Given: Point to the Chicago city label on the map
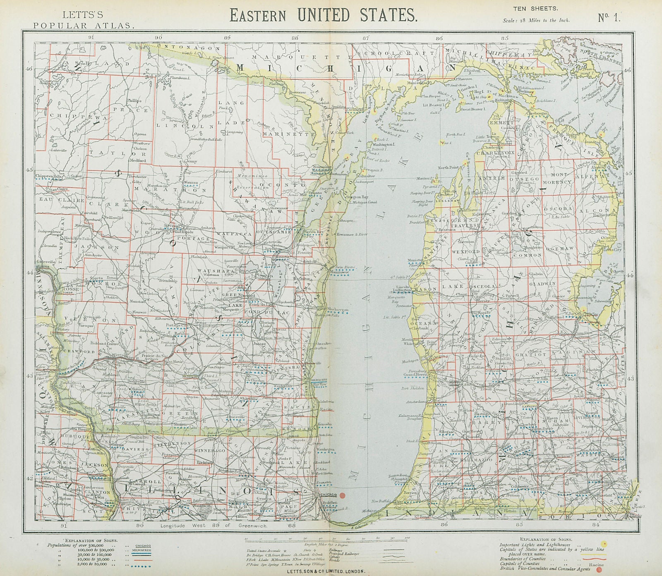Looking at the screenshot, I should tap(327, 495).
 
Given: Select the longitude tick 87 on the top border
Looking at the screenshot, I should tap(366, 38).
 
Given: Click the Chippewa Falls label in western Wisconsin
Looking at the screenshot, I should tap(48, 176).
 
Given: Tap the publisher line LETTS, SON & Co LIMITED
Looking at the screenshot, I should tap(331, 571).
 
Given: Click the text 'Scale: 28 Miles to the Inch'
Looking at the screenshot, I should tap(536, 20).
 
